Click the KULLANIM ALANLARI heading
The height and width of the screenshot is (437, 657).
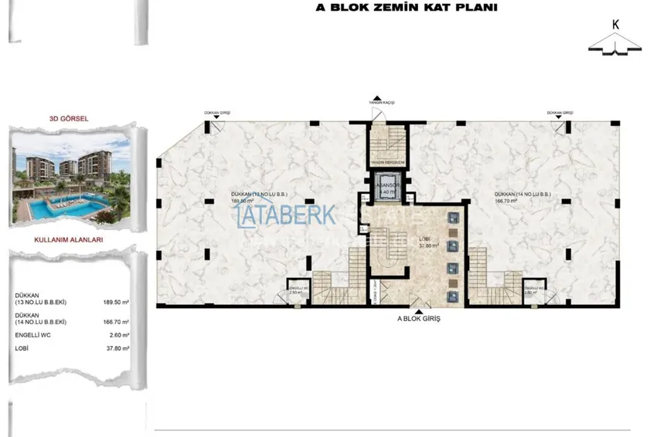(x=70, y=239)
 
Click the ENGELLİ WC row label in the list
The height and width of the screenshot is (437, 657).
(x=32, y=335)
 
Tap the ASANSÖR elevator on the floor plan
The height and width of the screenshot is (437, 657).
(x=386, y=190)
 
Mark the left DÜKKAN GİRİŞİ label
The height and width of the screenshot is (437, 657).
(x=217, y=113)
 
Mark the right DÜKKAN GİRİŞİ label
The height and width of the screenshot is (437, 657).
(x=559, y=113)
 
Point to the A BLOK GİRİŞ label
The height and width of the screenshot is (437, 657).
(x=417, y=319)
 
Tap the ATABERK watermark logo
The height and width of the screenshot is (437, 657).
(x=286, y=214)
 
